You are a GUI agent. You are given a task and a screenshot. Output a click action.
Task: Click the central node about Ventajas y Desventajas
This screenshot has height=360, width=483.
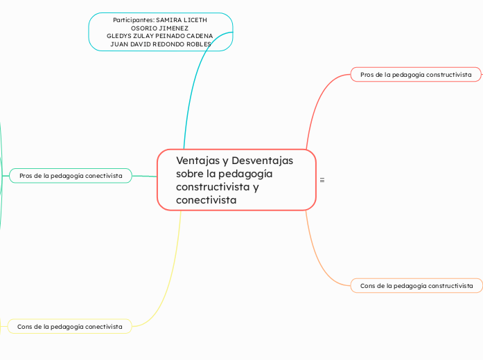pos(236,179)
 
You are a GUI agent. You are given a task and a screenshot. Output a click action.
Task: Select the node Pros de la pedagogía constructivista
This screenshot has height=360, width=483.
pos(416,74)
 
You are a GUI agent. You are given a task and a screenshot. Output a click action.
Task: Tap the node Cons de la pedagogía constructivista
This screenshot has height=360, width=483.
pos(416,285)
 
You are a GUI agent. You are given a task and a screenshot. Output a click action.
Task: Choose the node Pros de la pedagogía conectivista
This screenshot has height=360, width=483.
pos(71,176)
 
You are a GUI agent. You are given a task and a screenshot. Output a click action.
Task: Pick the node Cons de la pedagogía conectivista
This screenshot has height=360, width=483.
pos(69,326)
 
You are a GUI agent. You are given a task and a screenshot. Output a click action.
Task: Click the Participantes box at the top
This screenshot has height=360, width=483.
pos(160,32)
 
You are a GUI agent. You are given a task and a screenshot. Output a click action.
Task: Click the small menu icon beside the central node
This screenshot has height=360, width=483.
pos(322,180)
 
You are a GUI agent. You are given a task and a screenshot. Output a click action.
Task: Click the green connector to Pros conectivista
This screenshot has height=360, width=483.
pos(144,176)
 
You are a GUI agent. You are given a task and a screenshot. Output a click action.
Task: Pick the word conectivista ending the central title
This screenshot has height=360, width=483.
pos(206,200)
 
